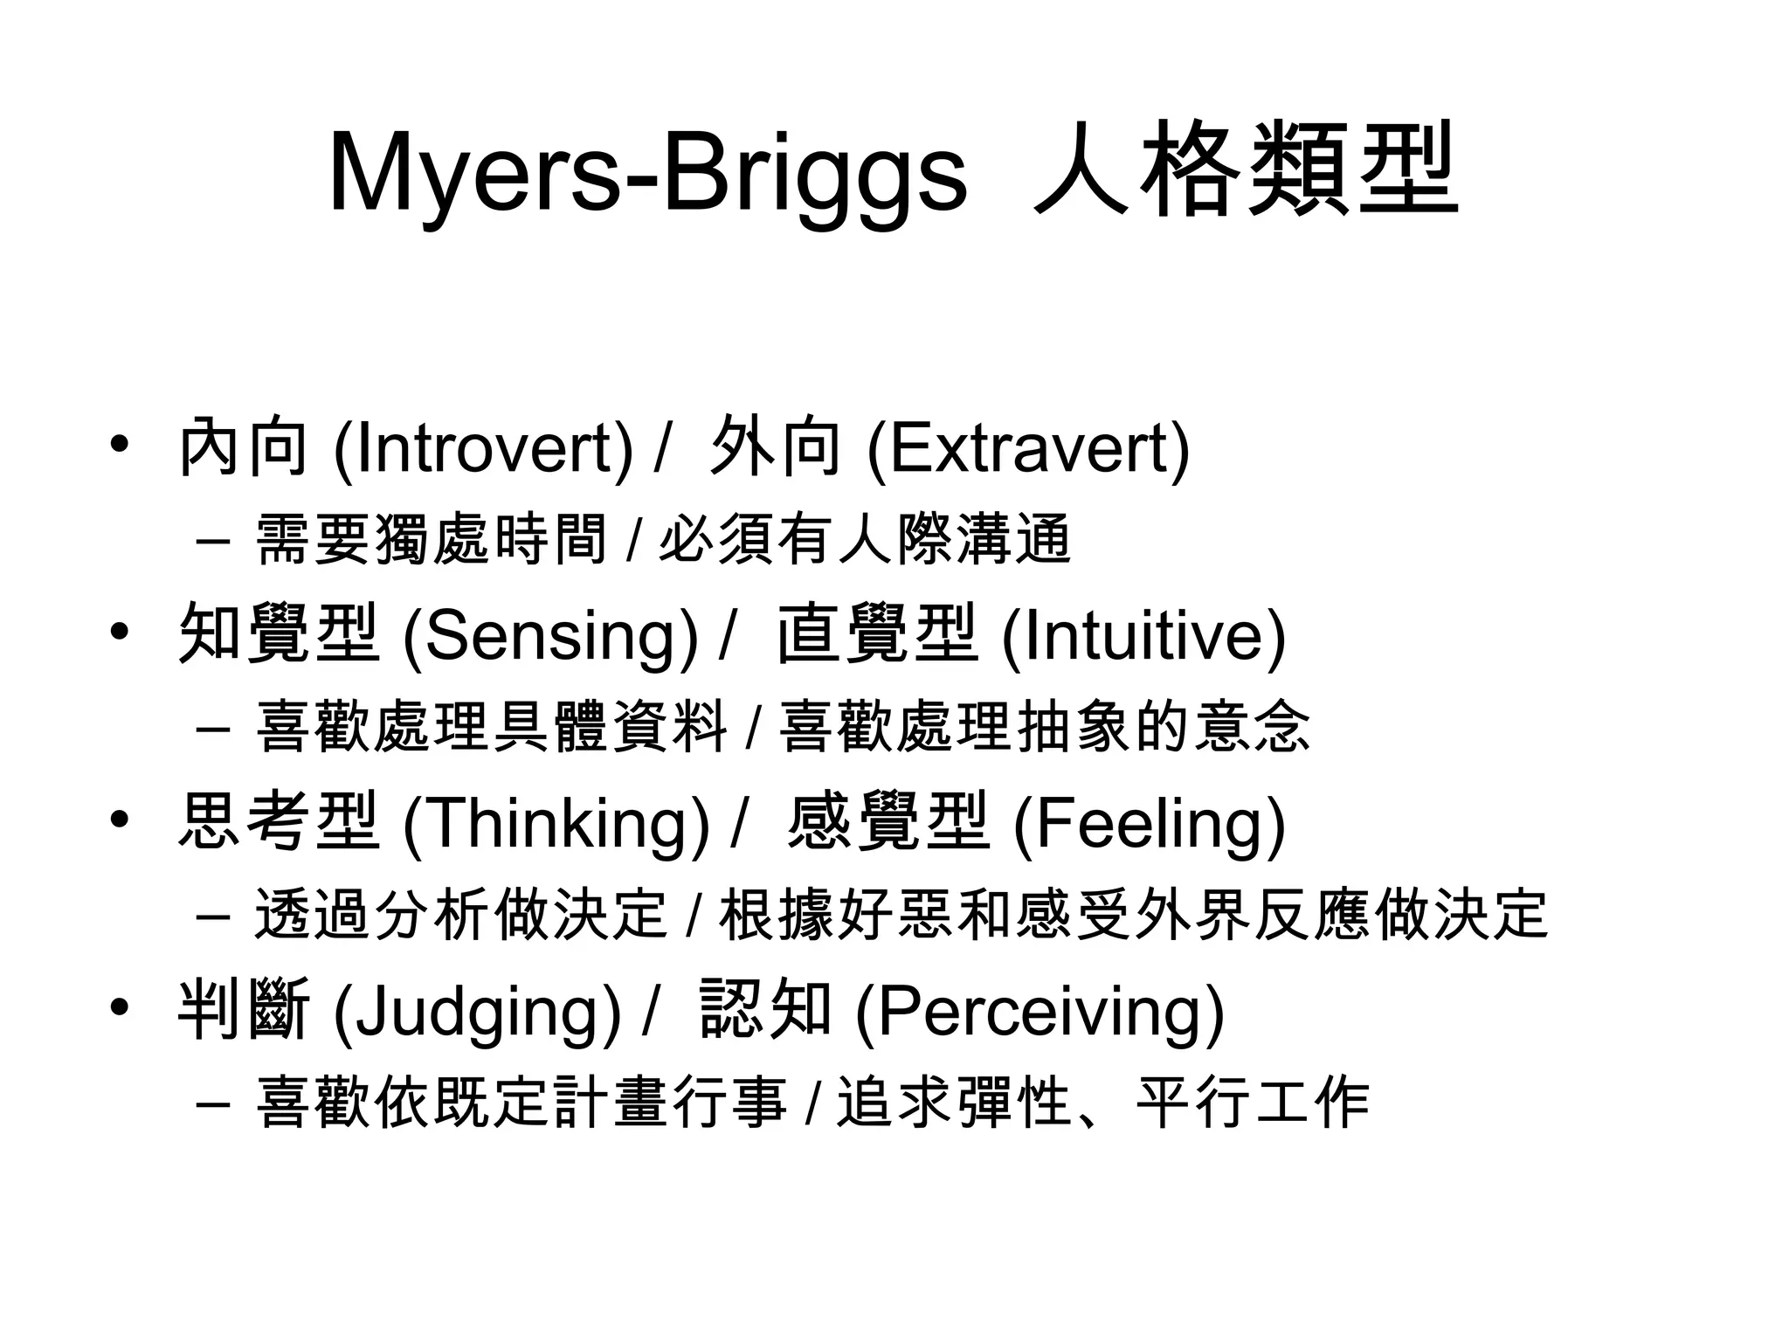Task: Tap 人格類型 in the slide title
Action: (x=1244, y=170)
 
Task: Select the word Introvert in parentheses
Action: (x=483, y=448)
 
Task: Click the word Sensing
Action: (x=550, y=636)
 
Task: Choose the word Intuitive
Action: (x=1143, y=636)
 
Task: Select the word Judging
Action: (x=477, y=1012)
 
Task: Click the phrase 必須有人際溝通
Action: (x=864, y=539)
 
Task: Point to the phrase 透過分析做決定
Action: (x=461, y=915)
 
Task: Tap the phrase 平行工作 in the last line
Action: (x=1253, y=1103)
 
